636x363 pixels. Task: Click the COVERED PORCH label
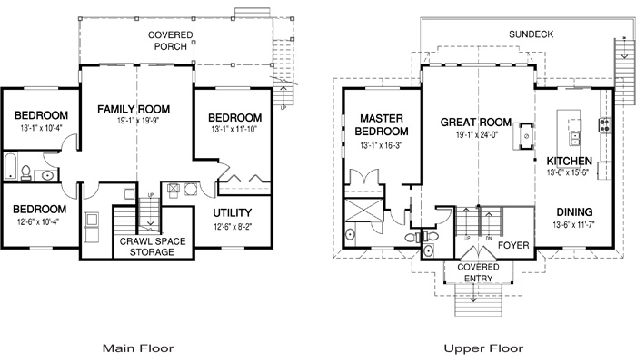[x=171, y=41]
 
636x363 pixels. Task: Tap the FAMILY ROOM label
[x=134, y=109]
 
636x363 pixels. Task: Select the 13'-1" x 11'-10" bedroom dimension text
[x=234, y=130]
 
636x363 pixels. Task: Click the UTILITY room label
[x=233, y=212]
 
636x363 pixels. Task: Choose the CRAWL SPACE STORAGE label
[x=153, y=247]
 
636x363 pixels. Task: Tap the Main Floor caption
[x=138, y=348]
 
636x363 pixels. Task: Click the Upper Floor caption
[x=483, y=348]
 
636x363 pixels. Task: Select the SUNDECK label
[x=531, y=34]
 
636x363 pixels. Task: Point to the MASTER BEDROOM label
[x=382, y=125]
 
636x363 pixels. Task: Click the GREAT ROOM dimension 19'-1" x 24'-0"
[x=477, y=134]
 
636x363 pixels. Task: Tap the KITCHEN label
[x=570, y=161]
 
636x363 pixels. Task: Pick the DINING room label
[x=574, y=211]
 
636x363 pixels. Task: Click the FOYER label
[x=513, y=245]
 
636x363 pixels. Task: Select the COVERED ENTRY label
[x=478, y=272]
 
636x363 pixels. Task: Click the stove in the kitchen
[x=604, y=125]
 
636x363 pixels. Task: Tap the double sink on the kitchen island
[x=574, y=138]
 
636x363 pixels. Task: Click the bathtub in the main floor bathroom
[x=11, y=166]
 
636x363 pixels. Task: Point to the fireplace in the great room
[x=523, y=136]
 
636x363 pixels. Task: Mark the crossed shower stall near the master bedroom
[x=363, y=210]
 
